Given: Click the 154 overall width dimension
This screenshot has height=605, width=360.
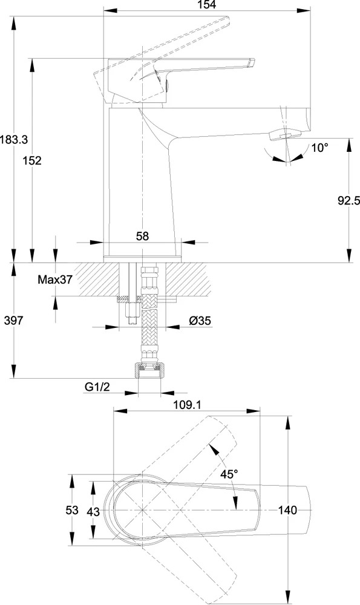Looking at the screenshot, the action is [207, 5].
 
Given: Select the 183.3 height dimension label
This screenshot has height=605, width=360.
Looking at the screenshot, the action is [14, 139].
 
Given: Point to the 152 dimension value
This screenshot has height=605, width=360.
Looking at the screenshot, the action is [32, 160].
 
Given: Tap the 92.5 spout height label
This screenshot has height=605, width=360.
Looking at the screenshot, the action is [349, 200].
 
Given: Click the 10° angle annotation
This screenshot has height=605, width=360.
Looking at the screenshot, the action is [320, 148].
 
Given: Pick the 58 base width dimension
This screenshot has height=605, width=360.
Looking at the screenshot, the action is [142, 236].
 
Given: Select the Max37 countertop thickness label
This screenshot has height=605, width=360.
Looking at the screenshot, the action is [55, 280].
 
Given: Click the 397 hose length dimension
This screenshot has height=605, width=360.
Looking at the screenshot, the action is [14, 320].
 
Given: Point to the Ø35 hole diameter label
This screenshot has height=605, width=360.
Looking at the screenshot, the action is [200, 320].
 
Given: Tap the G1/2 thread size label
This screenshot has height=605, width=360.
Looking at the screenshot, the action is [97, 387].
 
